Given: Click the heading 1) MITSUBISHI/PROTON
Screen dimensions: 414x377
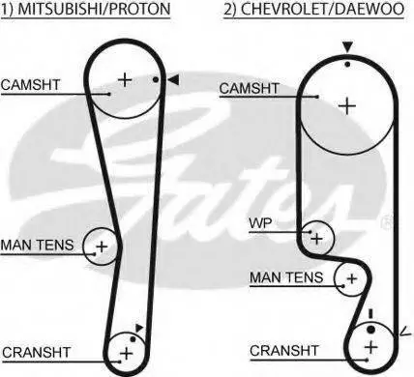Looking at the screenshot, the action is (85, 9).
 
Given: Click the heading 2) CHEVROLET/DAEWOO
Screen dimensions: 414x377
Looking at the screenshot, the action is (313, 9).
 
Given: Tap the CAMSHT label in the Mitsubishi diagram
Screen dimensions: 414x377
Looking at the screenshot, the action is (30, 85).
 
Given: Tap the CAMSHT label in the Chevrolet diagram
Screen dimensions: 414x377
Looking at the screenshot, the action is (249, 88).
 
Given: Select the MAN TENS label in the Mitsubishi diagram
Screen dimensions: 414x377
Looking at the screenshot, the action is (37, 246).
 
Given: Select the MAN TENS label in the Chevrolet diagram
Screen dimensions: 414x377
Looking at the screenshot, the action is (286, 277).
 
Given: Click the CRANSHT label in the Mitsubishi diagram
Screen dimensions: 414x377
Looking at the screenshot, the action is (37, 352).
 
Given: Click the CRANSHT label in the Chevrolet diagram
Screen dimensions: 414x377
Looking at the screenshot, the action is (284, 351).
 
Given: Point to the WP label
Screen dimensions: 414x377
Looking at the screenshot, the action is (260, 223).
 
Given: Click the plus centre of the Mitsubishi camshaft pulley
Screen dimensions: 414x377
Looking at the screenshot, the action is (125, 79).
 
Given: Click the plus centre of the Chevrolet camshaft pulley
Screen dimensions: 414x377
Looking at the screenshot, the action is (347, 106).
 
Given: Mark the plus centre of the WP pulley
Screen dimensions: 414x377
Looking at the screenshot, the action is (316, 239).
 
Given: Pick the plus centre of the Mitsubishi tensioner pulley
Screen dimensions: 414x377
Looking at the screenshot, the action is (102, 246).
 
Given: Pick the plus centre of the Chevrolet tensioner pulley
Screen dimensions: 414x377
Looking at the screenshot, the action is (352, 278).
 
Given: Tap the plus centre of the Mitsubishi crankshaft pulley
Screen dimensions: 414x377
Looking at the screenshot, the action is (126, 354).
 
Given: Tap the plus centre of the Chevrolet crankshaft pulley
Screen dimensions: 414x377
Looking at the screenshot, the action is (371, 347).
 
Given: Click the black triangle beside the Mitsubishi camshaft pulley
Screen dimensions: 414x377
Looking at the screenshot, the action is (173, 80).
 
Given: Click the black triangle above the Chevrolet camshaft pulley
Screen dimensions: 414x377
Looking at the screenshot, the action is (347, 47).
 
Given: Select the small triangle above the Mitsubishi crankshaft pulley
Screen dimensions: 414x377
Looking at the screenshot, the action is (139, 328).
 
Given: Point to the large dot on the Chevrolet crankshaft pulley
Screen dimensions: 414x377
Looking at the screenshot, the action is (371, 330).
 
